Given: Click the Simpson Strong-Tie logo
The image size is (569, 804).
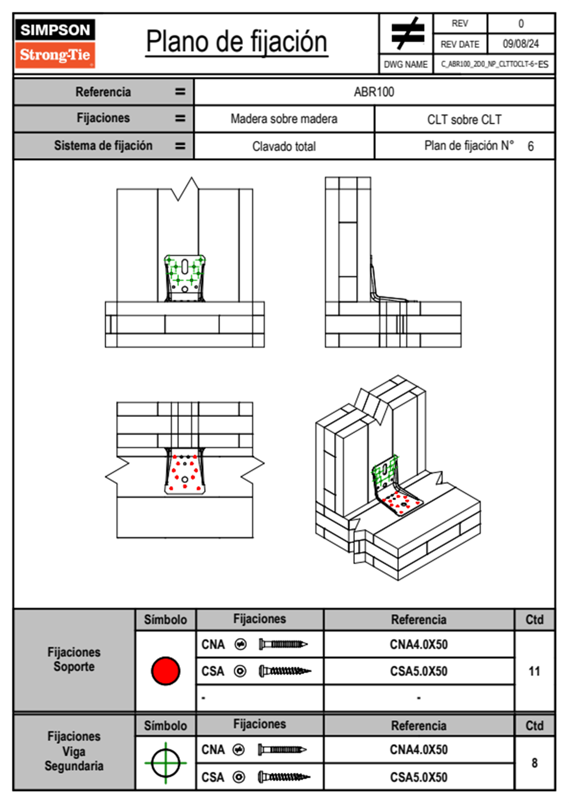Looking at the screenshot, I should click(x=55, y=43).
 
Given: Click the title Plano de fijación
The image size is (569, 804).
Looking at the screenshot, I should click(x=237, y=42).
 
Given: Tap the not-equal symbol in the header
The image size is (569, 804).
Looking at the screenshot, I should click(x=407, y=33).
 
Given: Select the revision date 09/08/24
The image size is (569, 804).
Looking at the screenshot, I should click(x=521, y=44).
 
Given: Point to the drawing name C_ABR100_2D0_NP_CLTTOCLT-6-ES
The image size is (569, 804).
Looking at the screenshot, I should click(x=494, y=64).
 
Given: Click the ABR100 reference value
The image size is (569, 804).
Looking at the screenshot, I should click(x=374, y=92).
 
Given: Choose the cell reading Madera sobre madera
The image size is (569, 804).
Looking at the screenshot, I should click(x=284, y=119).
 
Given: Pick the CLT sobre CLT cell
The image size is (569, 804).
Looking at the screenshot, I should click(x=464, y=120).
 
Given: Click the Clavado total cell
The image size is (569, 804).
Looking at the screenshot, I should click(x=284, y=146).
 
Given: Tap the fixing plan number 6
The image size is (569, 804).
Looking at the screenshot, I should click(x=530, y=146).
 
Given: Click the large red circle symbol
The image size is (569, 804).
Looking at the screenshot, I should click(x=165, y=671).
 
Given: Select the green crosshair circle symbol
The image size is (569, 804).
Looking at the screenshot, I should click(x=165, y=763).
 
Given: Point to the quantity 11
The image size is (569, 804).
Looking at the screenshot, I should click(x=534, y=671).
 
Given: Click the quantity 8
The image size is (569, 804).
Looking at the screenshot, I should click(x=534, y=763).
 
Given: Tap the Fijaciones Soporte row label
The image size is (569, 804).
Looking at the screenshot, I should click(x=74, y=659).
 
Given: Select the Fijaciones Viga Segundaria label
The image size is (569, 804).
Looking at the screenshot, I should click(x=74, y=751).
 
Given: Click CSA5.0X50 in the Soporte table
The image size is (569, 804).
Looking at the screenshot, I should click(x=419, y=671).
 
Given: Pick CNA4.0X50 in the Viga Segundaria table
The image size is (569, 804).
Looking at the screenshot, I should click(x=419, y=750).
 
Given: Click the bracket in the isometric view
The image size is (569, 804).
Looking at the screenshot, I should click(x=394, y=488).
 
